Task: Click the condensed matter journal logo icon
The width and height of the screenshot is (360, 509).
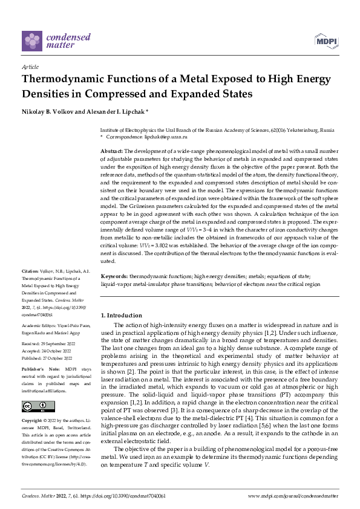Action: tap(33, 41)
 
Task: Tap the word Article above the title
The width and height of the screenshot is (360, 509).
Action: tap(30, 67)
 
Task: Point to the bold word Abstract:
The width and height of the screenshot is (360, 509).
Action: tap(111, 150)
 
